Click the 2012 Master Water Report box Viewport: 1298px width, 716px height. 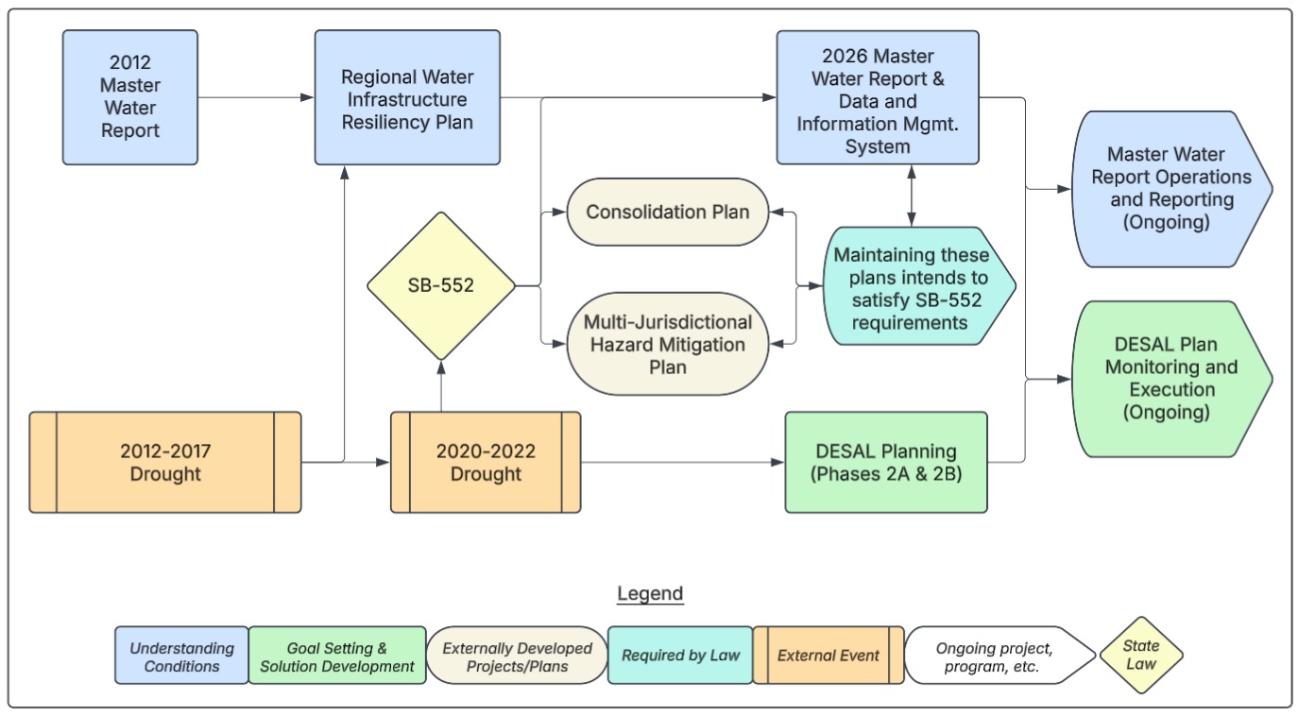[130, 97]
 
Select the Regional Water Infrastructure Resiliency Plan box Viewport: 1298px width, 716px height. [407, 97]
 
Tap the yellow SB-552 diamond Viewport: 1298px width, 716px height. [441, 285]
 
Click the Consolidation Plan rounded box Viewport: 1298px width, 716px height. [667, 212]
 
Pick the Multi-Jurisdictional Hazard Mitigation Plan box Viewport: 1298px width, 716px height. [667, 344]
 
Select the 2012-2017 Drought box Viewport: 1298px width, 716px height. [165, 462]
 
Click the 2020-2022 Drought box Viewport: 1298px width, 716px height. [486, 462]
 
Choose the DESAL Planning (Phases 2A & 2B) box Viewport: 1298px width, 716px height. [885, 462]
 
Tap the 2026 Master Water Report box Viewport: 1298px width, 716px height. [878, 97]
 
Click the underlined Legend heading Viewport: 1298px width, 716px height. [650, 594]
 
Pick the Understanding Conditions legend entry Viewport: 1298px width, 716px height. [182, 656]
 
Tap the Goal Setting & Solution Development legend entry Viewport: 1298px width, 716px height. [337, 656]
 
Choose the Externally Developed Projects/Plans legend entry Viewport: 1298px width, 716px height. [517, 656]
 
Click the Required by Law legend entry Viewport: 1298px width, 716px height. [680, 656]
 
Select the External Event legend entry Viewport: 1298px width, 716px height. [828, 656]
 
